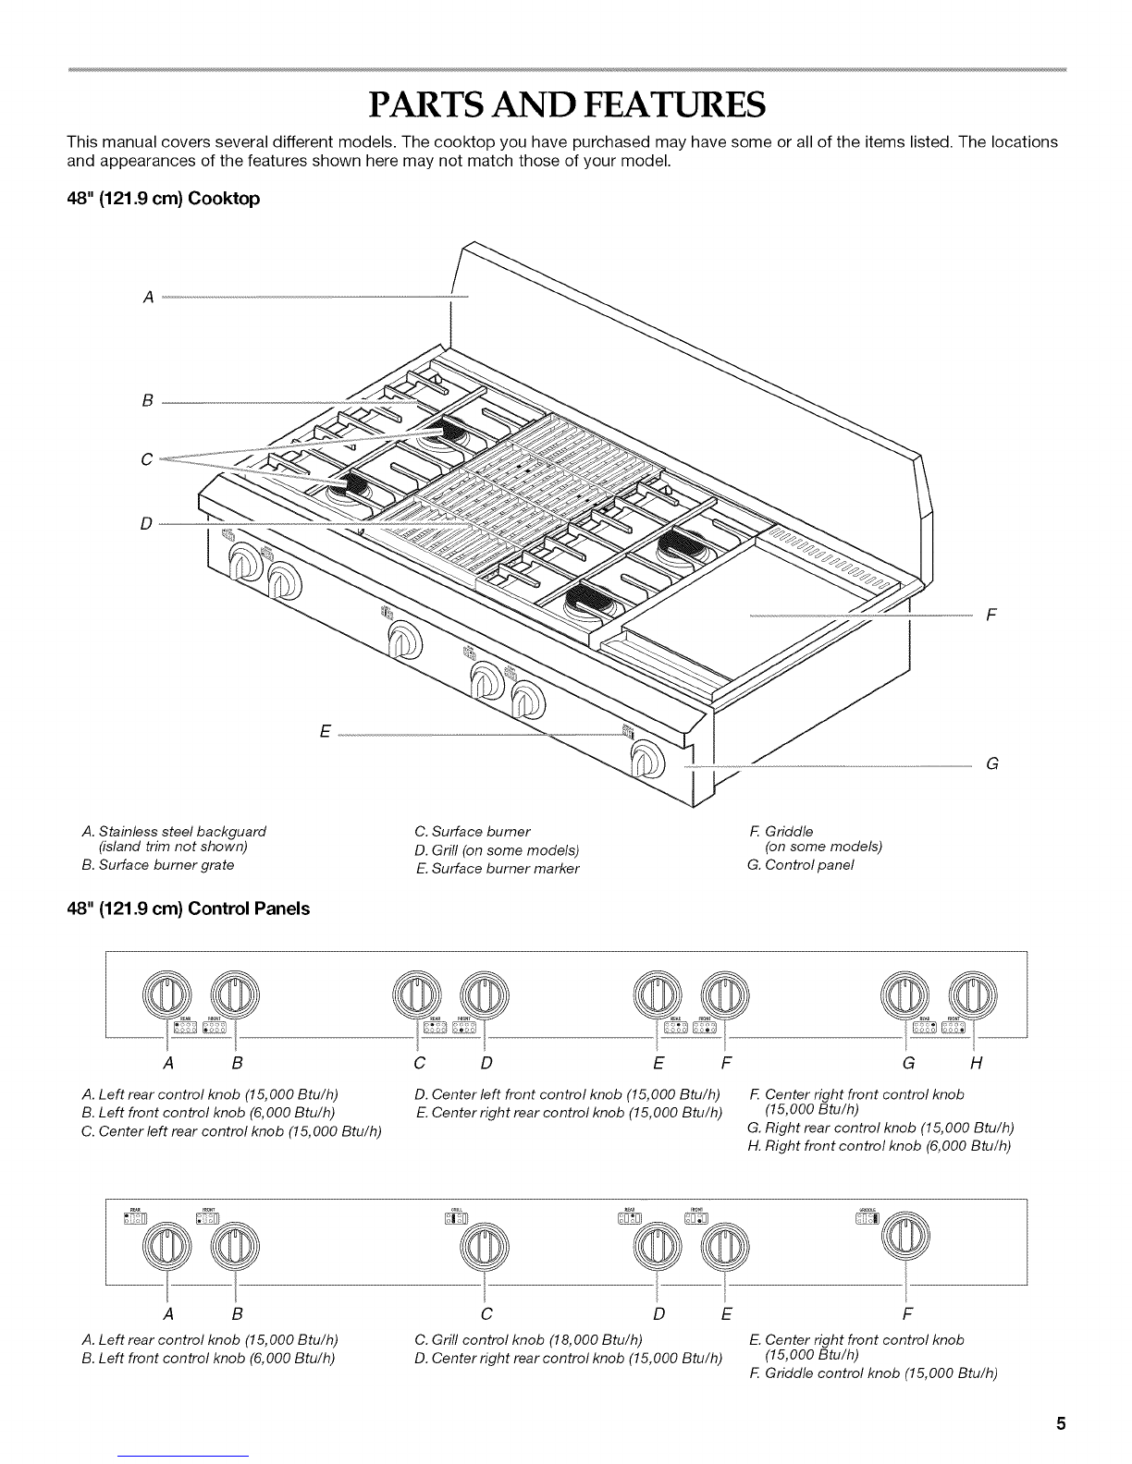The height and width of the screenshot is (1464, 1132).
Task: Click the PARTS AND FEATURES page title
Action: coord(566,106)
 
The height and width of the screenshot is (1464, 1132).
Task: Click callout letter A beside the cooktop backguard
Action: coord(147,298)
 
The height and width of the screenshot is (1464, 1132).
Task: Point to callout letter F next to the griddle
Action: coord(990,614)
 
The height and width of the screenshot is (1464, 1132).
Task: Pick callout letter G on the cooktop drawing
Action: coord(991,764)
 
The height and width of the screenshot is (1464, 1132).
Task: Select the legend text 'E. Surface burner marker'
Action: coord(498,868)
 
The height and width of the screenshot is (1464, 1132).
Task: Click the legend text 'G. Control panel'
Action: coord(800,865)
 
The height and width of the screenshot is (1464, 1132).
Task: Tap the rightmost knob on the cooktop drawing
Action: coord(647,762)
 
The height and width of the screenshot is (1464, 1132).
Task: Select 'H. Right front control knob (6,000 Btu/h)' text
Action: coord(880,1146)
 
